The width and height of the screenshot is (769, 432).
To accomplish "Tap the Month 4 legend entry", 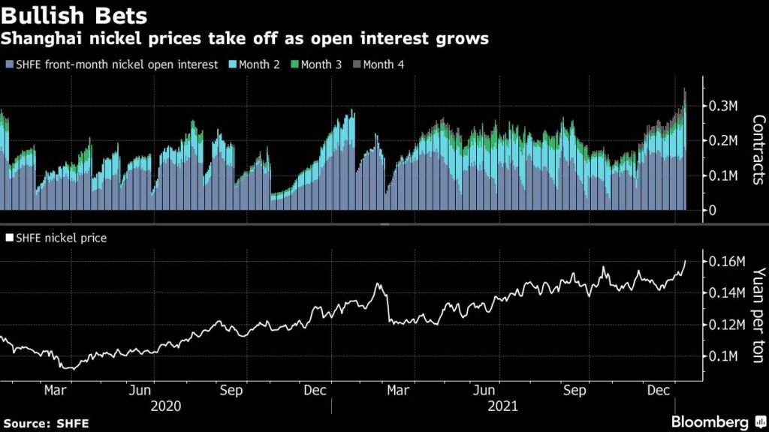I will pyautogui.click(x=383, y=64).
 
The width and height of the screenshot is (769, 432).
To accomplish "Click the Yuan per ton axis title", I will pyautogui.click(x=758, y=316).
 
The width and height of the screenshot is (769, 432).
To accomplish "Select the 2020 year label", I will pyautogui.click(x=164, y=406).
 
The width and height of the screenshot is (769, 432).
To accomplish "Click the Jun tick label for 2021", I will pyautogui.click(x=487, y=391).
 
